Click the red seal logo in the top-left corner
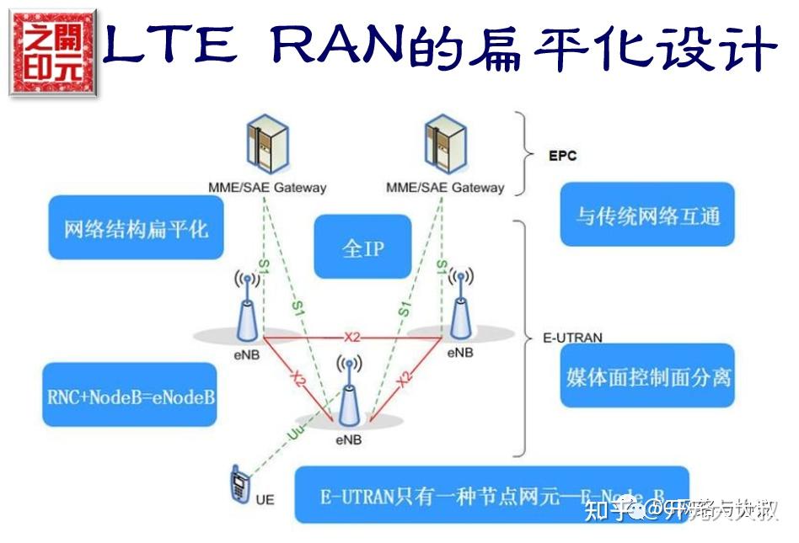point(52,52)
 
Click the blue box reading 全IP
point(362,247)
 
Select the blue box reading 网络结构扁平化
point(136,228)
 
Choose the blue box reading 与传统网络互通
point(647,215)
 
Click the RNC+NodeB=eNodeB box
point(129,394)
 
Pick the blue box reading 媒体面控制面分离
point(647,375)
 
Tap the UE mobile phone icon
point(239,485)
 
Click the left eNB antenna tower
point(245,306)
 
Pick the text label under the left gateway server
point(267,187)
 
